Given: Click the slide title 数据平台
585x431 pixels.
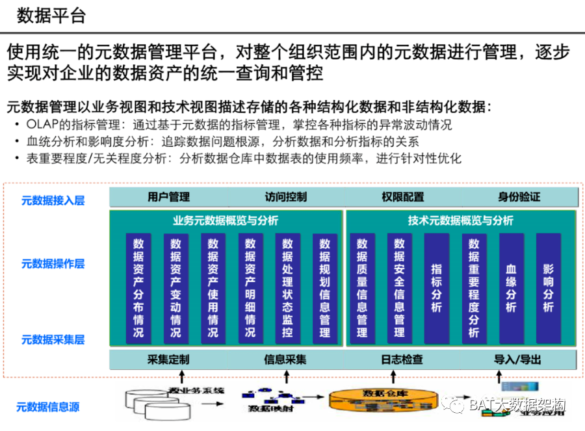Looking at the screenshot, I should (51, 16).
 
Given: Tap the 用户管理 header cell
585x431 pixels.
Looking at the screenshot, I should (168, 196).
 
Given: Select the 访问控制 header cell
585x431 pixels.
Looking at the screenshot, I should (285, 196).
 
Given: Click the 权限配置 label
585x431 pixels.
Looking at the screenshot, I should (402, 196).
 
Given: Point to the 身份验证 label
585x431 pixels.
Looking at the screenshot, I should (519, 196).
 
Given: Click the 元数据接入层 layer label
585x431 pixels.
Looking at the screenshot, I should (53, 200).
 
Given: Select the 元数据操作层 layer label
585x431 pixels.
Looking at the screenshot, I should (53, 263).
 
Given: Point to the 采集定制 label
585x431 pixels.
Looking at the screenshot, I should (168, 359).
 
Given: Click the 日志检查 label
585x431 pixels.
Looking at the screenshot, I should (402, 359).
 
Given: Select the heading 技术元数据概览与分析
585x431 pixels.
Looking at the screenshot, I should (460, 220).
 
